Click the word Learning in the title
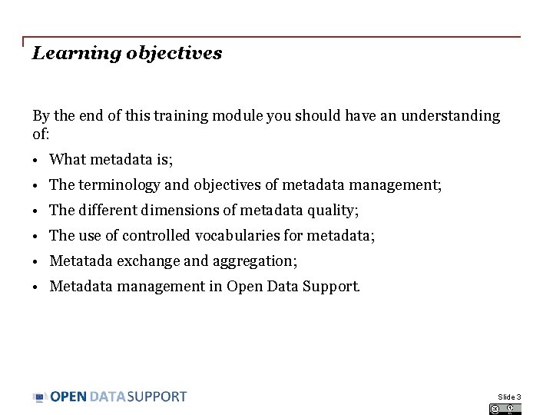click(x=65, y=54)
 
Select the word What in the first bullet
click(x=68, y=160)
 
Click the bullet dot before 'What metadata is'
click(x=36, y=161)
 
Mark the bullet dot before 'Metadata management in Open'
click(x=36, y=287)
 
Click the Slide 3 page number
click(x=509, y=397)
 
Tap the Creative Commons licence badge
click(x=505, y=409)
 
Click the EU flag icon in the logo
click(x=40, y=397)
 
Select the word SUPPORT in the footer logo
click(x=157, y=397)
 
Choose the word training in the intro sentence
click(x=182, y=116)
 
